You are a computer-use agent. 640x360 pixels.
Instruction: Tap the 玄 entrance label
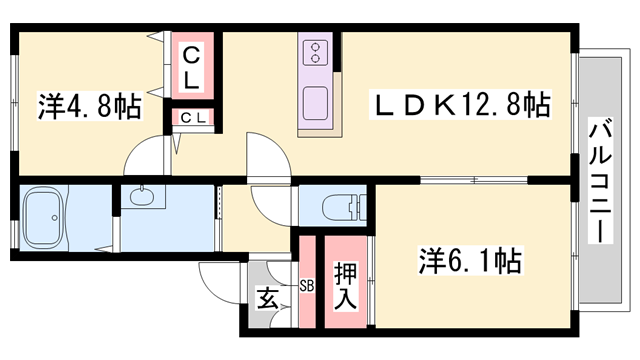pyautogui.click(x=267, y=298)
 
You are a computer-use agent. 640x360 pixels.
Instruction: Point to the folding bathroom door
pyautogui.click(x=108, y=235)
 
